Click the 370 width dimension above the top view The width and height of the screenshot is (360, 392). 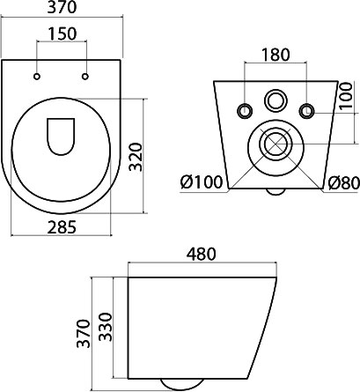(x=62, y=7)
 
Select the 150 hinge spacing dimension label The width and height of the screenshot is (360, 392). (x=62, y=33)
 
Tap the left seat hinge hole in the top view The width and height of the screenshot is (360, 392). (x=37, y=77)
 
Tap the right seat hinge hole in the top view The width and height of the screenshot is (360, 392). (x=85, y=77)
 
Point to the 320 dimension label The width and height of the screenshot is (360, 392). (x=136, y=157)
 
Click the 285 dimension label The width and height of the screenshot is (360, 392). (x=62, y=227)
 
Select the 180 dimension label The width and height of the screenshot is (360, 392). (x=276, y=55)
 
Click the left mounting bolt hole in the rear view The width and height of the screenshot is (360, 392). (x=245, y=111)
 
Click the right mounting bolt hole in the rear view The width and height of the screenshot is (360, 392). (x=307, y=111)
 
